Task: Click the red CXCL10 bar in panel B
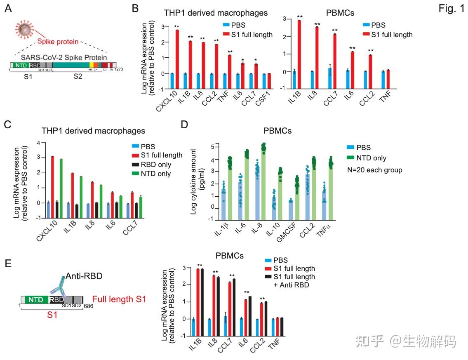click(x=177, y=52)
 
